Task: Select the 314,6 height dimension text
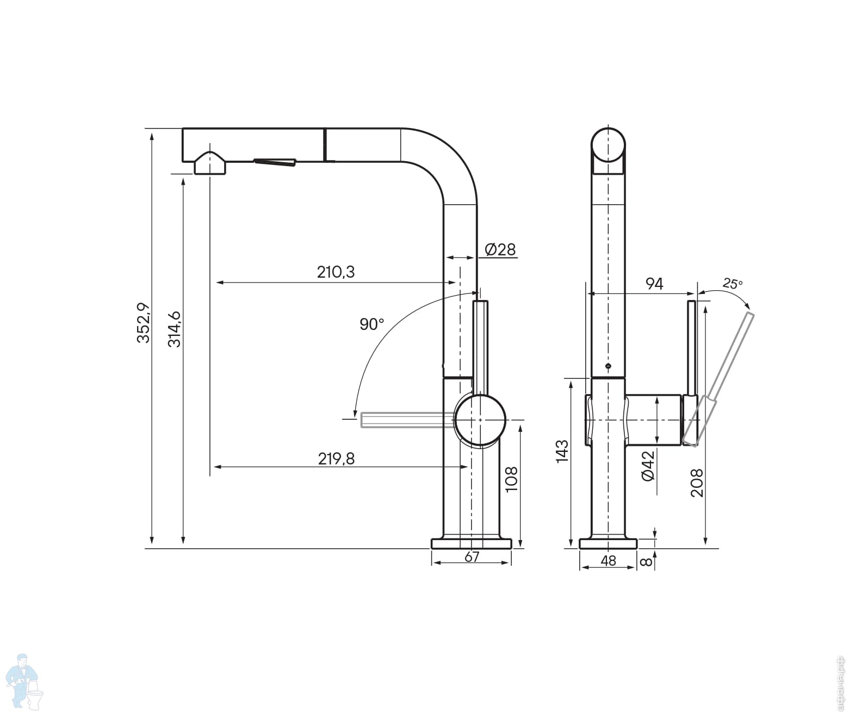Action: [x=174, y=329]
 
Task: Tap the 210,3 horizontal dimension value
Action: [x=336, y=272]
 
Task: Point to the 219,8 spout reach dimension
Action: [x=336, y=459]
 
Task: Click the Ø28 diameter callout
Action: [x=500, y=249]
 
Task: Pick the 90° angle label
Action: [x=371, y=325]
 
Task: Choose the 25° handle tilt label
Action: [x=732, y=283]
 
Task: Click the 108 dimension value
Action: [x=512, y=479]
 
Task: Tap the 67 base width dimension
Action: [x=472, y=557]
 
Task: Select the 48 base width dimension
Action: [x=609, y=560]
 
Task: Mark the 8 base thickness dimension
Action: [x=646, y=561]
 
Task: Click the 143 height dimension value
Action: [x=562, y=451]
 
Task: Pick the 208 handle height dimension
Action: [x=697, y=482]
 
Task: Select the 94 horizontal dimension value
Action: [x=654, y=284]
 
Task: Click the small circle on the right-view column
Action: [x=608, y=366]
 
